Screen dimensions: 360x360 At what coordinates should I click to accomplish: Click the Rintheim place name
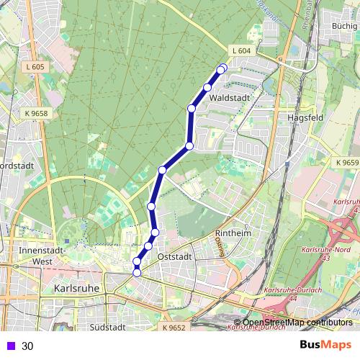tap(232, 233)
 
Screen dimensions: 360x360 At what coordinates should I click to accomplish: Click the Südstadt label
tap(109, 326)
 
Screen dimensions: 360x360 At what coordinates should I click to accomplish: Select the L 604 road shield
tap(241, 50)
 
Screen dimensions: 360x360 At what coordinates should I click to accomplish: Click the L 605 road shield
tap(34, 67)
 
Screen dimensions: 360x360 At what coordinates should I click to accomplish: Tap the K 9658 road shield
tap(36, 113)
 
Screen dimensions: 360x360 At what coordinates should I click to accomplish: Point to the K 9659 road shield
tap(346, 163)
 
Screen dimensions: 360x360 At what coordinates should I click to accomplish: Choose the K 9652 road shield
tap(174, 328)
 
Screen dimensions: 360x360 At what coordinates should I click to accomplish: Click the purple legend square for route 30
tap(9, 346)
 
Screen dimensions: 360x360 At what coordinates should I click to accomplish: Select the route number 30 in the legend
tap(27, 346)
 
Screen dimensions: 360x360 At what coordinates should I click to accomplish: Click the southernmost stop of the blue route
tap(137, 271)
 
